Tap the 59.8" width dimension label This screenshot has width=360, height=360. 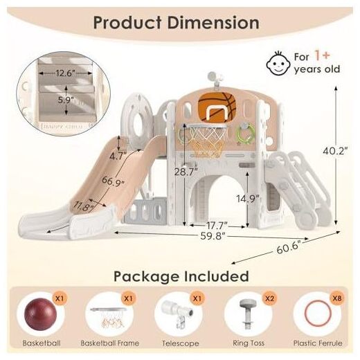pos(213,236)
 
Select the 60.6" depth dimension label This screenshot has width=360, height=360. pos(289,247)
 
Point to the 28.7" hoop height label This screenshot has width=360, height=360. pos(186,172)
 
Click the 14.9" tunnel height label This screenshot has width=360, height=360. pos(248,199)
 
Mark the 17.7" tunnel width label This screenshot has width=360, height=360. pos(217,226)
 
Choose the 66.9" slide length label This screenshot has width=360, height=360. pos(113,181)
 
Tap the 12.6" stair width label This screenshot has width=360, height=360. pos(66,73)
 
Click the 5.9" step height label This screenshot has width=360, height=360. pos(66,100)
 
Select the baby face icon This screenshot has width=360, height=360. pos(278,63)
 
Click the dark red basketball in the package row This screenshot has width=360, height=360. pos(41,314)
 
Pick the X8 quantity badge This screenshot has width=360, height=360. pos(337,298)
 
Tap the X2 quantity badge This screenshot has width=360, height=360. pos(269,298)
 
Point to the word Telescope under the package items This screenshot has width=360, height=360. pos(180,343)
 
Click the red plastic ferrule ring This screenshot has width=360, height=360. pos(318,313)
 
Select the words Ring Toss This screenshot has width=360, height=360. pos(249,343)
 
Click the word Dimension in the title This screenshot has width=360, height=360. pos(213,23)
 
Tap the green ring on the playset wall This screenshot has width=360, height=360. pos(246,134)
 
